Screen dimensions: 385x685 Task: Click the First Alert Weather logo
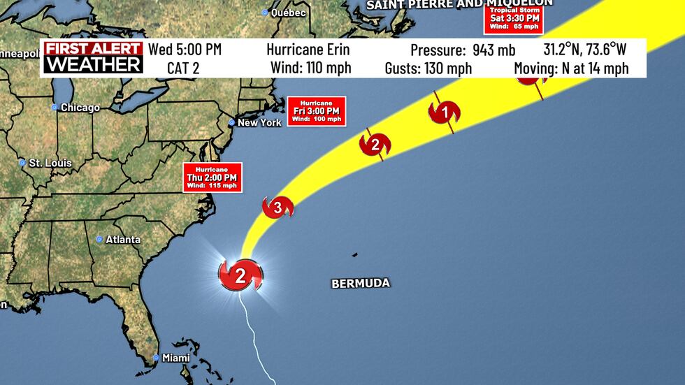(94, 57)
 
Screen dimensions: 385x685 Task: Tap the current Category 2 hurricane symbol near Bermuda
(240, 275)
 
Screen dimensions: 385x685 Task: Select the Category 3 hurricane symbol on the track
(277, 207)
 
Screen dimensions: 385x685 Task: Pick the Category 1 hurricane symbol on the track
(444, 112)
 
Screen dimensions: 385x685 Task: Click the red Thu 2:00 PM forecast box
(212, 177)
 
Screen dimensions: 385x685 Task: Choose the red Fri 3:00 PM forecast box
(317, 111)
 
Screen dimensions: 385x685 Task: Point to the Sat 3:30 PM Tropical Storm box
(513, 17)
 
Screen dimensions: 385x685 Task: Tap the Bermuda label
(360, 283)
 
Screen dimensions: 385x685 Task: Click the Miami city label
(175, 358)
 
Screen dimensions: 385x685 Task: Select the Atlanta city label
(122, 240)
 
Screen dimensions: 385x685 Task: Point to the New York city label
(259, 122)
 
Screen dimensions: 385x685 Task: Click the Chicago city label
(80, 108)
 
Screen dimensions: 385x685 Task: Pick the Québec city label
(289, 13)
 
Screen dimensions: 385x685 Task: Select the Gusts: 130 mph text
(428, 68)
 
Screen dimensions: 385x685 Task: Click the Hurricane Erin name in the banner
(308, 50)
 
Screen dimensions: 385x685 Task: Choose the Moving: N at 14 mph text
(571, 68)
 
